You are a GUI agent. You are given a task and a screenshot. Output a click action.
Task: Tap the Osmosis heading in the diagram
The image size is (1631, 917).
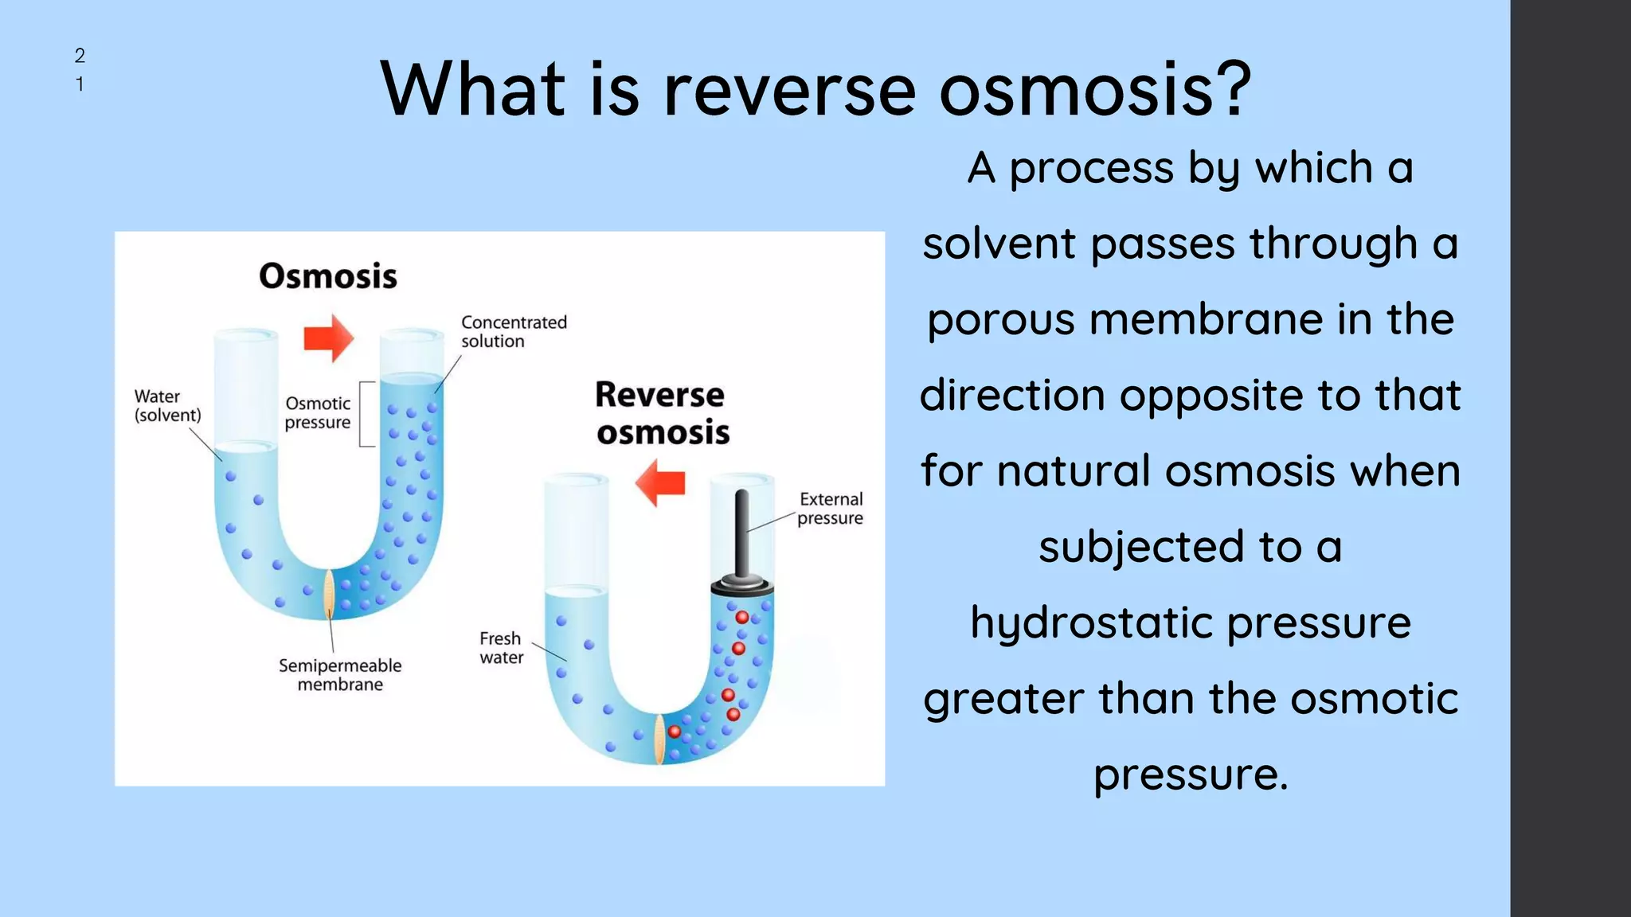(x=327, y=276)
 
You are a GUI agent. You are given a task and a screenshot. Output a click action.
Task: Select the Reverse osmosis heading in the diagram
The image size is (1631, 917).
(x=662, y=413)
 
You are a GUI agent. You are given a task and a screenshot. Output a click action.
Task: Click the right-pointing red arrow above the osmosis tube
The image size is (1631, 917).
(x=328, y=338)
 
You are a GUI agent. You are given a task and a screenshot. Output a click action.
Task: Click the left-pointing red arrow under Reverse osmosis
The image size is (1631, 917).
(x=660, y=482)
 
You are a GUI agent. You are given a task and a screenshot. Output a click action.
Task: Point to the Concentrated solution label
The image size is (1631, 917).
(x=514, y=332)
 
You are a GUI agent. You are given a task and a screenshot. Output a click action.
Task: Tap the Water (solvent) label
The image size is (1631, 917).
(x=167, y=406)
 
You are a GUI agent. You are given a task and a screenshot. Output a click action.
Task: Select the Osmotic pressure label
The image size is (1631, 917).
(x=318, y=413)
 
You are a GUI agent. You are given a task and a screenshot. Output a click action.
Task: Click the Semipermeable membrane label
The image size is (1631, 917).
(x=340, y=675)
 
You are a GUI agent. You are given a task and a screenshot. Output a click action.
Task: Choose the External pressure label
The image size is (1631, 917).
(x=831, y=509)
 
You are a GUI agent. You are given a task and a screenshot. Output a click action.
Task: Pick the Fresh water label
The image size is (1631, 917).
(x=501, y=648)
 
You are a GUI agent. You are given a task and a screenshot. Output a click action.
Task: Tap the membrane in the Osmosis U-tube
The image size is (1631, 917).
(x=329, y=594)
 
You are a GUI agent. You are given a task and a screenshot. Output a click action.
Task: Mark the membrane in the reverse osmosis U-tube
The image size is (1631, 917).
(x=659, y=739)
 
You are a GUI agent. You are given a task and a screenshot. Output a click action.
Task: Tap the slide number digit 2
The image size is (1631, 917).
(x=80, y=56)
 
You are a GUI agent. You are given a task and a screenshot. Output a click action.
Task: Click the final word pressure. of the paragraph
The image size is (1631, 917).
(x=1190, y=774)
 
